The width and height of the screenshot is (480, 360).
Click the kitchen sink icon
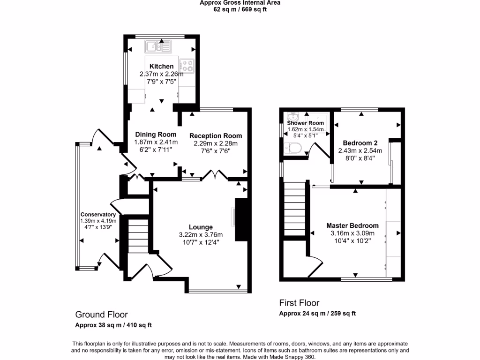[158, 46]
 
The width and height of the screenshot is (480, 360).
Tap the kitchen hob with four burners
[187, 66]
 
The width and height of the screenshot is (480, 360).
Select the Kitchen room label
[161, 67]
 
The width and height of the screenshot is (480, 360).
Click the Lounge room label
[201, 227]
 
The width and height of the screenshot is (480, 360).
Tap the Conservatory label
[97, 214]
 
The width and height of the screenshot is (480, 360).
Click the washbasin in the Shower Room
[293, 116]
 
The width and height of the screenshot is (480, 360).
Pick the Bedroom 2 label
[360, 143]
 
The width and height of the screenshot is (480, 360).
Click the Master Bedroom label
[352, 225]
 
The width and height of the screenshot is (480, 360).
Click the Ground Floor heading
[101, 315]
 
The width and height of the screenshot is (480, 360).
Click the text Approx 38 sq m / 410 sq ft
[113, 325]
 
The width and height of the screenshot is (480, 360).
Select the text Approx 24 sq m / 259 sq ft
[317, 314]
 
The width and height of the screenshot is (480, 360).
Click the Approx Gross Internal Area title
[240, 3]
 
